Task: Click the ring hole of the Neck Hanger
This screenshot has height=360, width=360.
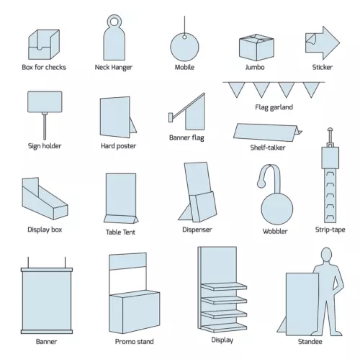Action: coord(114,20)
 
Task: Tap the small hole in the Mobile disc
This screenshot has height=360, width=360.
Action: coord(184,37)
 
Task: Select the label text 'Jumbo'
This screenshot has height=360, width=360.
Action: coord(255,67)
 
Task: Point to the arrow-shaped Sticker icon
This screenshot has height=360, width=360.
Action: coord(322,43)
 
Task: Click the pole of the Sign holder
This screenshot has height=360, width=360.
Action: coord(44,125)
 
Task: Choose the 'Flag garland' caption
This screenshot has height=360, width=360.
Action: coord(274,107)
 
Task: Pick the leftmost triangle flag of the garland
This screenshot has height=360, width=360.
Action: coord(236,89)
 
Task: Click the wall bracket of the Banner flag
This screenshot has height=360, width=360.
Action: coord(170,116)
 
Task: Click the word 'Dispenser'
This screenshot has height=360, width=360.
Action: coord(197,230)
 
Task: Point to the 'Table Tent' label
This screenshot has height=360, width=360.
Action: coord(121,232)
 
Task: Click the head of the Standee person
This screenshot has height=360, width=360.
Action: coord(326,256)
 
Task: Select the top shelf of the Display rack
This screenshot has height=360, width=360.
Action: coord(223,287)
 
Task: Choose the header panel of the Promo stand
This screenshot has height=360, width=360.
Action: coord(128,261)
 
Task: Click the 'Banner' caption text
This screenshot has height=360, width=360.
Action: coord(47,341)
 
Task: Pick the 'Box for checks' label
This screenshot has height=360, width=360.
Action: coord(44,67)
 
